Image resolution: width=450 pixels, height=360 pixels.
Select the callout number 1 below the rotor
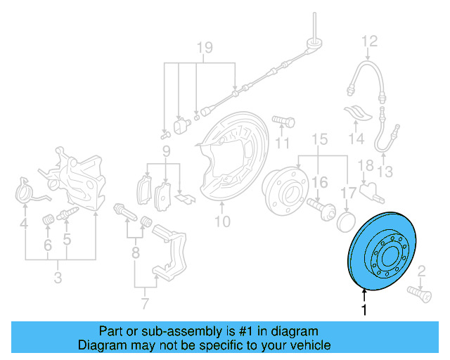[x=364, y=310]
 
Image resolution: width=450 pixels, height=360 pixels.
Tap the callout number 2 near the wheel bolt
[x=422, y=271]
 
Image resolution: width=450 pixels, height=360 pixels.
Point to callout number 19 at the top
[x=204, y=49]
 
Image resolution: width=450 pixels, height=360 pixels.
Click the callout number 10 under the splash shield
[x=222, y=223]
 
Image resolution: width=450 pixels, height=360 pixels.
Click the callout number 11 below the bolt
[x=282, y=143]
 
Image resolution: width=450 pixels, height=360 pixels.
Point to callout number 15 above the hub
[x=320, y=140]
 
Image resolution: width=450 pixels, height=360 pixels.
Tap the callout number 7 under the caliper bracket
[x=145, y=304]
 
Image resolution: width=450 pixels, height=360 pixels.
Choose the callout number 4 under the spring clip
[x=24, y=225]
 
